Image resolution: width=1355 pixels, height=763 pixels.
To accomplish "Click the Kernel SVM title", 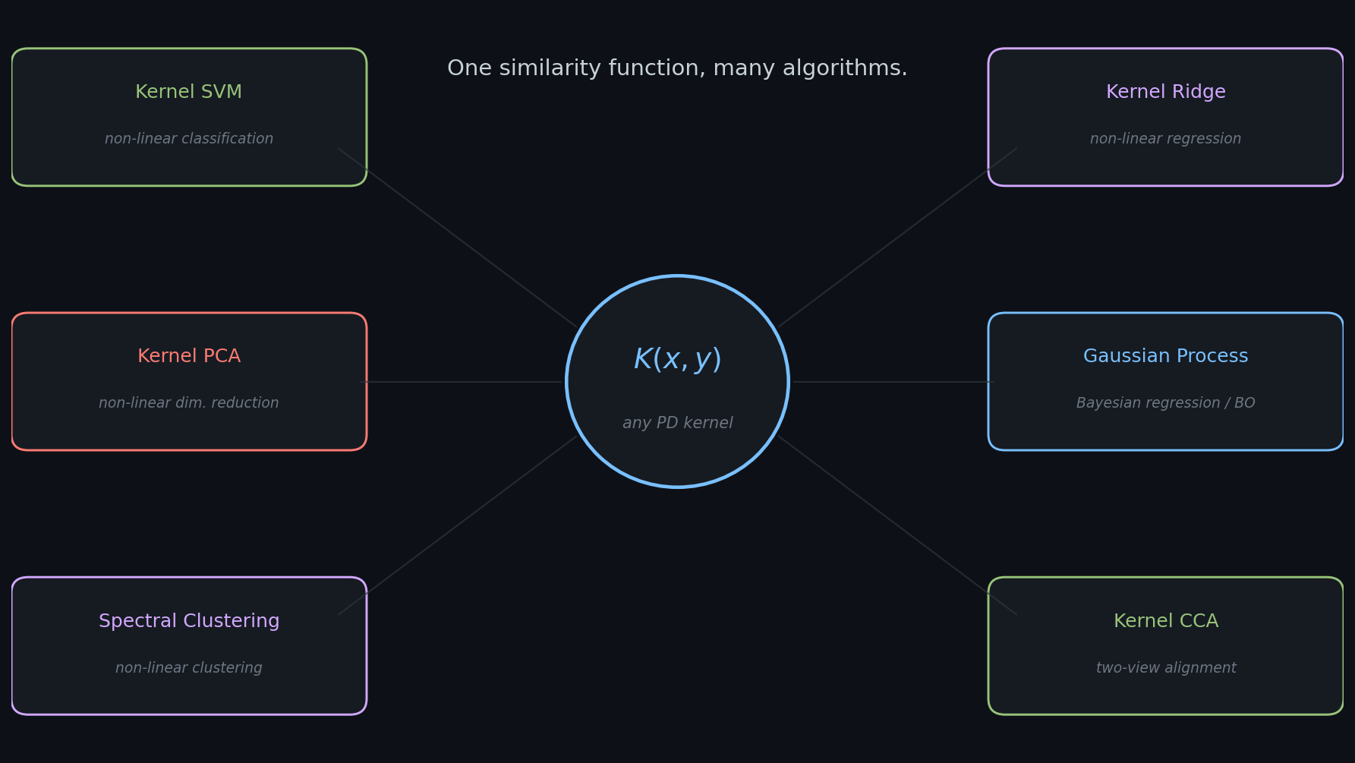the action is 189,92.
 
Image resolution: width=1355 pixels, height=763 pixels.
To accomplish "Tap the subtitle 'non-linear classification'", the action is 189,139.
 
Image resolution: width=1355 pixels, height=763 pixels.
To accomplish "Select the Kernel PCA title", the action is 189,356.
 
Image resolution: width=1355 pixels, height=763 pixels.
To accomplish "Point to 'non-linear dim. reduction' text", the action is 189,403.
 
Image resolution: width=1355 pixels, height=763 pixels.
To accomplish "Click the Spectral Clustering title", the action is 189,621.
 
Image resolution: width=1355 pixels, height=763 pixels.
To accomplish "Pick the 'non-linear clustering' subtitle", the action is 189,668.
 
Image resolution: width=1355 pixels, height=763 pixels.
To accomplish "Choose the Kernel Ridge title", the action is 1166,92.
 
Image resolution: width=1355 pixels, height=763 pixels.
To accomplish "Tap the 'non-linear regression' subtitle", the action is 1166,139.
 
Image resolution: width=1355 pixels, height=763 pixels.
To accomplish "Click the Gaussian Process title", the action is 1166,356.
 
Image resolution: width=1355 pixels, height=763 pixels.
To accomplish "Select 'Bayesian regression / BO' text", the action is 1166,403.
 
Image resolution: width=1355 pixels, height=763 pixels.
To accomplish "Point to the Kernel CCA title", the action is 1166,621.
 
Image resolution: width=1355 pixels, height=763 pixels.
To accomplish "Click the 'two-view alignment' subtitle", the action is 1166,668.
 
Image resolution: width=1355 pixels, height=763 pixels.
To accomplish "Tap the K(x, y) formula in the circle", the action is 678,360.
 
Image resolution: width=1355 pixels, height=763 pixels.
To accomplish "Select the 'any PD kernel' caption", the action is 678,423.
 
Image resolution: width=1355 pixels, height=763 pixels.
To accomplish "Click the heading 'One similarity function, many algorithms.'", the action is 677,68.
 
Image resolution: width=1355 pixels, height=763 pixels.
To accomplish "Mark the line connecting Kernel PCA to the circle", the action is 462,382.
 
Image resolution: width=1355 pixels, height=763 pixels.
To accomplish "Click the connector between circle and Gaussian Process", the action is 893,382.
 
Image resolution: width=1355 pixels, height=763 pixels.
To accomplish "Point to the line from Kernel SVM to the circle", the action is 458,238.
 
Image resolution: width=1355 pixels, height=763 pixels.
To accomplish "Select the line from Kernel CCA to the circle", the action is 897,525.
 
